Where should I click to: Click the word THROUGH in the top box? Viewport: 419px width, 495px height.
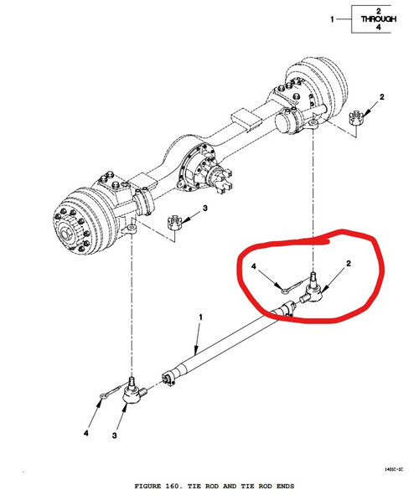pyautogui.click(x=378, y=19)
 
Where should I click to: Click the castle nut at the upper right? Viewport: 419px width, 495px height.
pyautogui.click(x=356, y=117)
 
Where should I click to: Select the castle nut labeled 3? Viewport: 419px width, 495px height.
pyautogui.click(x=174, y=222)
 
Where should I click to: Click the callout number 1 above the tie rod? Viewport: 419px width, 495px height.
pyautogui.click(x=200, y=317)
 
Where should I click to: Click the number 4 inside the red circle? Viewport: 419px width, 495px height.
pyautogui.click(x=254, y=266)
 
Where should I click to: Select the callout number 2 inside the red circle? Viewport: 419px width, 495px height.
pyautogui.click(x=349, y=263)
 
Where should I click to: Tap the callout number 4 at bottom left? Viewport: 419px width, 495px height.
pyautogui.click(x=85, y=434)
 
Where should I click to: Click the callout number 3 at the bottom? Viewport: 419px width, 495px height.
pyautogui.click(x=114, y=436)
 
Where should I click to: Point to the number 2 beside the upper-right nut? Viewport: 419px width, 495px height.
pyautogui.click(x=382, y=97)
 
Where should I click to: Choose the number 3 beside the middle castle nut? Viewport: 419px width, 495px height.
pyautogui.click(x=205, y=209)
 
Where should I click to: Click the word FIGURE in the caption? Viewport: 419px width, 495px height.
pyautogui.click(x=147, y=486)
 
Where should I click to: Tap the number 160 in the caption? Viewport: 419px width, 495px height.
pyautogui.click(x=172, y=486)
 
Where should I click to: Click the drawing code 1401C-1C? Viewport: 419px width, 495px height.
pyautogui.click(x=394, y=469)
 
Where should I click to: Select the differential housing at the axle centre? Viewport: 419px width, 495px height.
pyautogui.click(x=196, y=168)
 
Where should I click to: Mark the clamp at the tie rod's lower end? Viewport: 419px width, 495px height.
pyautogui.click(x=169, y=378)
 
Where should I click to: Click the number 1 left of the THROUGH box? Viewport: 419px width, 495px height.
pyautogui.click(x=332, y=19)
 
